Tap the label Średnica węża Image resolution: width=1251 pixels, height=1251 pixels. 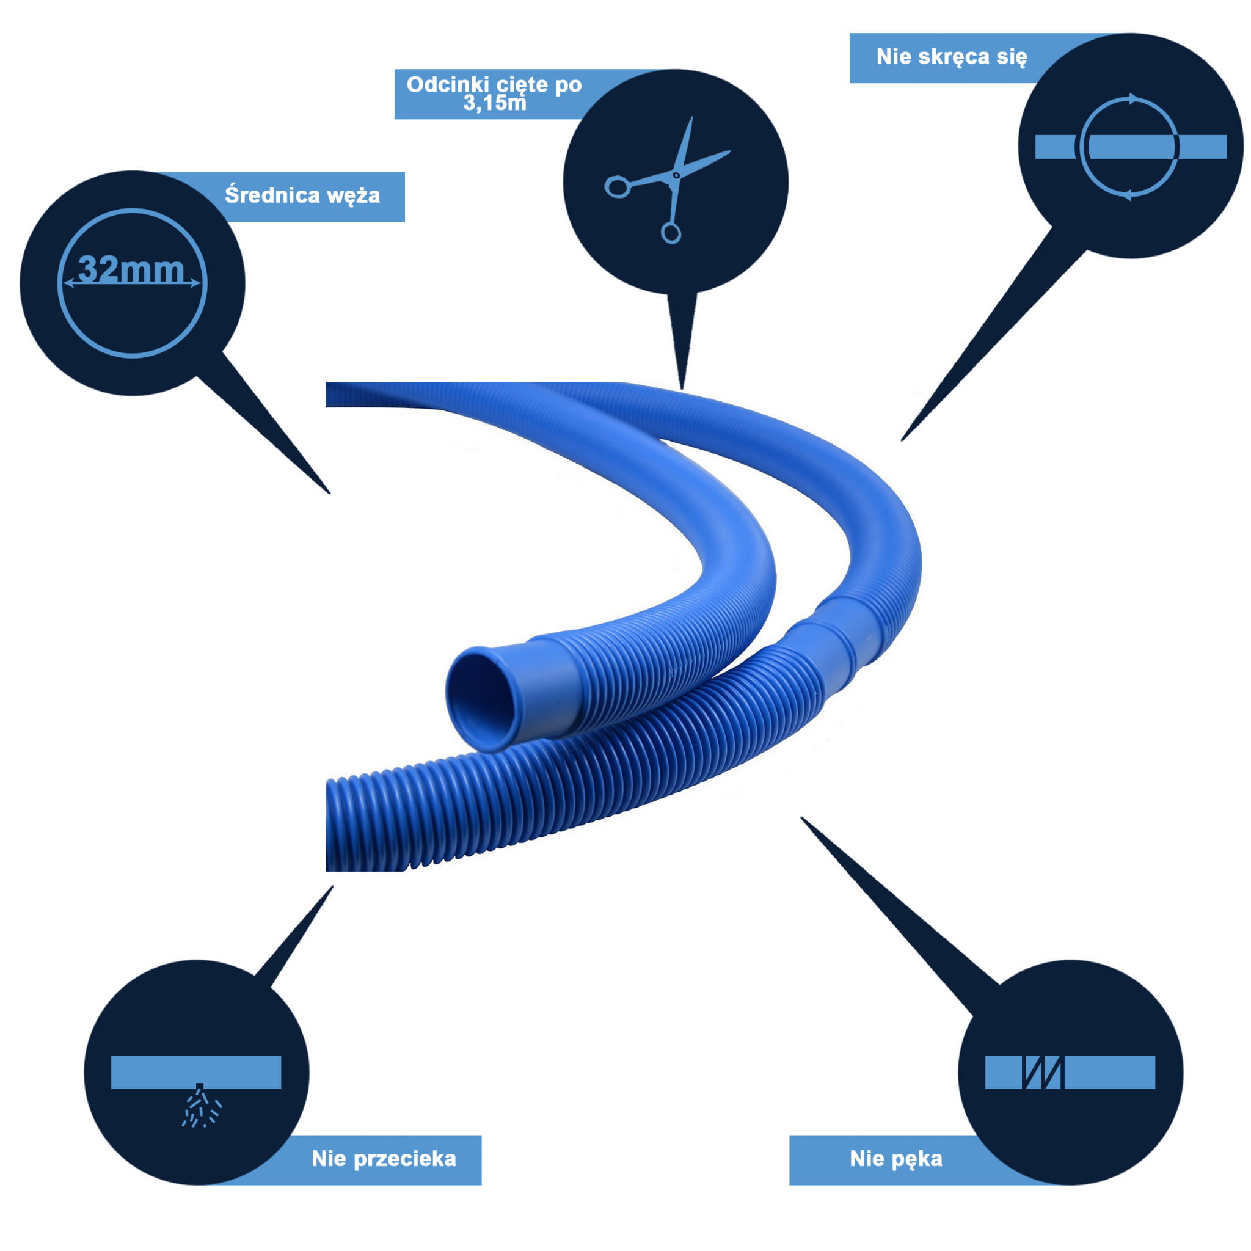302,195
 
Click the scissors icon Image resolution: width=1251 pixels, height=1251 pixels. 668,180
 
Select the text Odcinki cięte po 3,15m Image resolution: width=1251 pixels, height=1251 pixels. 494,93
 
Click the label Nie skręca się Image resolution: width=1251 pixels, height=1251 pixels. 951,57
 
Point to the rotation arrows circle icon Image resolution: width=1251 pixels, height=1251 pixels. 1131,147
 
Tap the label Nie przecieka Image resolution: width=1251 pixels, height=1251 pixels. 384,1158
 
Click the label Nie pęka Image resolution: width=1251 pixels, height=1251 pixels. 895,1158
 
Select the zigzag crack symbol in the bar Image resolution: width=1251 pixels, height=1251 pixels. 1043,1072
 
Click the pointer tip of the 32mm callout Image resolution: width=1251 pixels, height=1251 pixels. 330,494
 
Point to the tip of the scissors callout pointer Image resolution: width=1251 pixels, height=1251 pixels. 682,389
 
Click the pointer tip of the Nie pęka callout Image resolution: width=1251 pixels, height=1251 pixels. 801,817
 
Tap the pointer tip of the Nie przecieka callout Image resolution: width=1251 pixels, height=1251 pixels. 333,886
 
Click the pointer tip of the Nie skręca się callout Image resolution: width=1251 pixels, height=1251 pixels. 902,441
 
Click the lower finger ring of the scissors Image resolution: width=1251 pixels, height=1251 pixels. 671,233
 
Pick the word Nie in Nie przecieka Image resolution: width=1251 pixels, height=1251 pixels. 330,1158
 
